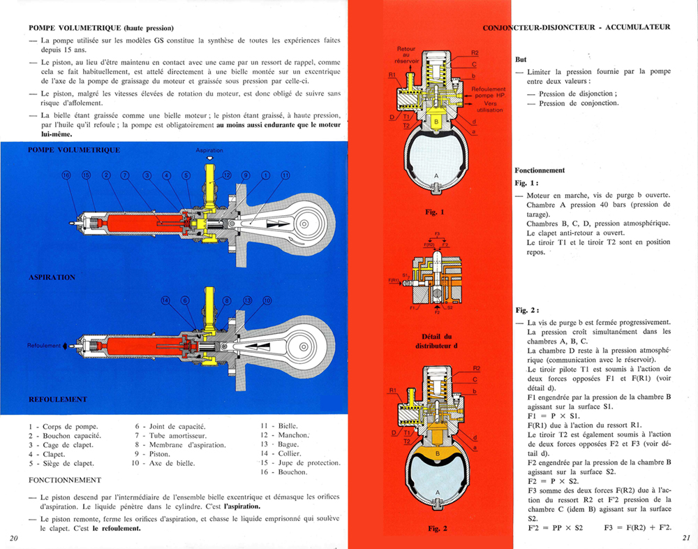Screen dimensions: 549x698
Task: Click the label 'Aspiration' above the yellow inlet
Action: click(209, 151)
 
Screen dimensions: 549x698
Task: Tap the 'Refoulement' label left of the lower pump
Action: click(44, 346)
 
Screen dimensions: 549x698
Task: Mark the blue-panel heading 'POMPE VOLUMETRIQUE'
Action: click(74, 150)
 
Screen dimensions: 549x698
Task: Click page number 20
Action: click(14, 538)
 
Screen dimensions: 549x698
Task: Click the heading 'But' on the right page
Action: click(521, 59)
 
